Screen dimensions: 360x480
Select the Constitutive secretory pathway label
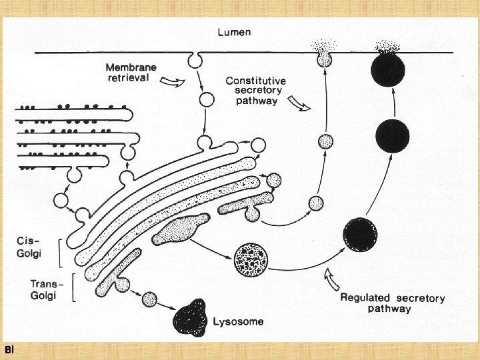click(x=253, y=91)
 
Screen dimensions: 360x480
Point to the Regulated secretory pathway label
click(x=392, y=303)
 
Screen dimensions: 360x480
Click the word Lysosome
click(x=239, y=321)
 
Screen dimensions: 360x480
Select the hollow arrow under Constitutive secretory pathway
click(x=297, y=104)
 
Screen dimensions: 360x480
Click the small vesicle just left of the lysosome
click(x=151, y=299)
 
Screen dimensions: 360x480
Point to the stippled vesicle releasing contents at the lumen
click(x=324, y=59)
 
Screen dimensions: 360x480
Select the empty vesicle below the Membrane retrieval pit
click(x=206, y=101)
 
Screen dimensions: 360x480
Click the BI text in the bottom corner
click(x=7, y=350)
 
